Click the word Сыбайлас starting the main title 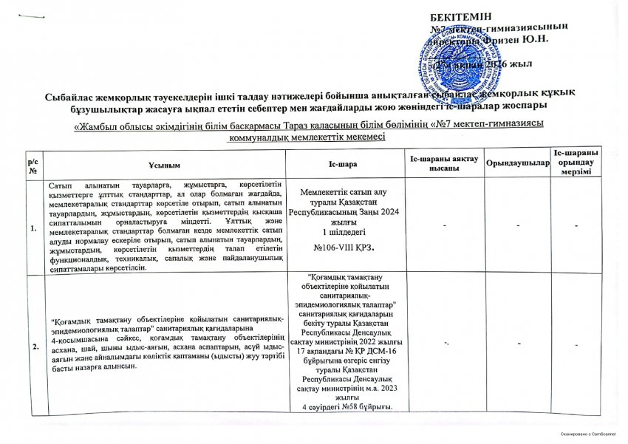[67, 96]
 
